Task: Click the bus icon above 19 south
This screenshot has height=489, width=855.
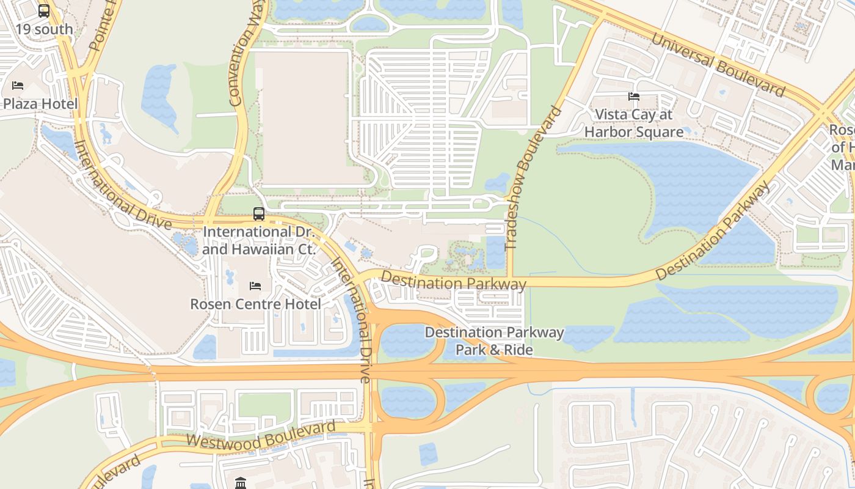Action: tap(44, 10)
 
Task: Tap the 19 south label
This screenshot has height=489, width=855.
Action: tap(44, 29)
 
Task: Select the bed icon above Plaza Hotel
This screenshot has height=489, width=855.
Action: tap(18, 86)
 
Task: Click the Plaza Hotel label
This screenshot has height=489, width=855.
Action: tap(40, 103)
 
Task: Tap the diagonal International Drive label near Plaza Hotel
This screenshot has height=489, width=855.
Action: tap(122, 185)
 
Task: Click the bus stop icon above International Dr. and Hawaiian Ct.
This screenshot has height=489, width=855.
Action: tap(259, 214)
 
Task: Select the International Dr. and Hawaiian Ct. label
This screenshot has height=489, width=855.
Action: tap(259, 241)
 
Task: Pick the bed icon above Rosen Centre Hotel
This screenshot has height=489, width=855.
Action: tap(255, 286)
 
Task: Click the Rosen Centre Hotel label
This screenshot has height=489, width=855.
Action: tap(255, 304)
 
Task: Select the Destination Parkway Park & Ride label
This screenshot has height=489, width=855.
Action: tap(494, 341)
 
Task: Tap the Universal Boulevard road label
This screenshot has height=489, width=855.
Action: tap(718, 64)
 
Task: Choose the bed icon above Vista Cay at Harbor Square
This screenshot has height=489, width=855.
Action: tap(634, 97)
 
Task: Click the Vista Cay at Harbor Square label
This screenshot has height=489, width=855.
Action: tap(634, 123)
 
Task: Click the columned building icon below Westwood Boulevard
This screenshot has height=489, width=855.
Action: tap(241, 483)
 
